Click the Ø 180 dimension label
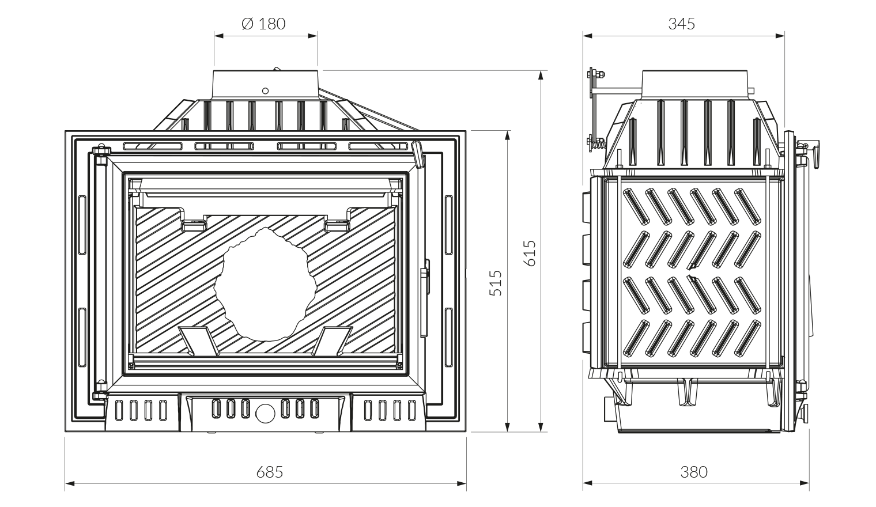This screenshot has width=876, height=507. tap(264, 24)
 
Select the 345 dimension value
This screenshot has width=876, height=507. tap(682, 24)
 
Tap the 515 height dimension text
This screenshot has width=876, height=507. tap(496, 283)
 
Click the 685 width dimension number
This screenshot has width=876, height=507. tap(270, 472)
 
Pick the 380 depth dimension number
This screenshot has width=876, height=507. tap(693, 472)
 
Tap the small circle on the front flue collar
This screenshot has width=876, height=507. tap(265, 90)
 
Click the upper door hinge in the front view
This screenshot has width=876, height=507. tap(100, 152)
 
